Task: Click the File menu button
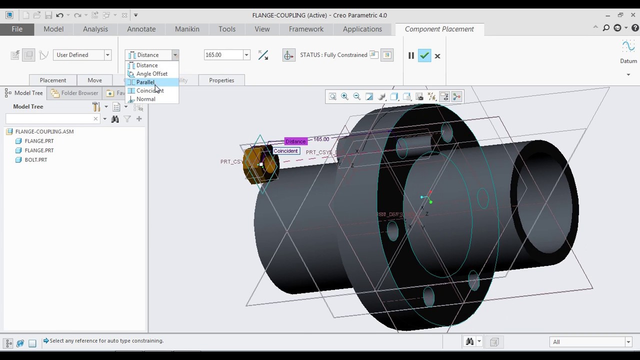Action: (x=17, y=29)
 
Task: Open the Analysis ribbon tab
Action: (x=95, y=29)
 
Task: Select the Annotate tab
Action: (x=141, y=29)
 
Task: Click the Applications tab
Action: (x=362, y=29)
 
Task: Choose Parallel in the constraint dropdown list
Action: (x=145, y=82)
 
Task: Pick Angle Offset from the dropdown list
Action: (x=151, y=73)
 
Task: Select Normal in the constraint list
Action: (x=145, y=99)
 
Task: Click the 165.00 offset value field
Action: (x=223, y=55)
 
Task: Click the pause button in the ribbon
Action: (x=411, y=55)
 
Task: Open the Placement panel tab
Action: (x=52, y=80)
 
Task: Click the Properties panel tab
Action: (x=221, y=80)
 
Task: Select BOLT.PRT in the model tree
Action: (x=36, y=160)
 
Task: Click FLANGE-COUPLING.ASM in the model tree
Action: (x=44, y=131)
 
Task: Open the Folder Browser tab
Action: (x=79, y=93)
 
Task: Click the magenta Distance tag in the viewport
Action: (x=295, y=141)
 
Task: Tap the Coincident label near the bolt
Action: (x=285, y=151)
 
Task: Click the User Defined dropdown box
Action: (x=82, y=55)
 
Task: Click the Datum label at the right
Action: (x=628, y=61)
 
